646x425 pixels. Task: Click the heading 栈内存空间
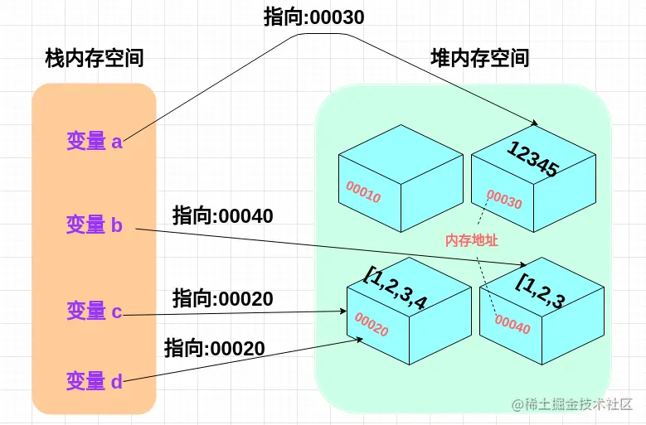(x=95, y=59)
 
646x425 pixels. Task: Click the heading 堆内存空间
(x=480, y=58)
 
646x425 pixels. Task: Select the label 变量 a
(x=95, y=142)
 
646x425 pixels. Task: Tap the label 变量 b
(x=95, y=225)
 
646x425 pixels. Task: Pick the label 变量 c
(x=95, y=312)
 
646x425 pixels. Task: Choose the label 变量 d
(x=95, y=382)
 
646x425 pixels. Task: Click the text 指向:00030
(x=314, y=17)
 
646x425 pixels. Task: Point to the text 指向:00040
(x=223, y=216)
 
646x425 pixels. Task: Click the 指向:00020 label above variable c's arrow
(x=223, y=299)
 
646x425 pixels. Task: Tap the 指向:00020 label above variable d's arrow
(x=215, y=348)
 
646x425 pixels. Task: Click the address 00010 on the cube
(x=363, y=192)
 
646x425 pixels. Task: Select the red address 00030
(x=504, y=200)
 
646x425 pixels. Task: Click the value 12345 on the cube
(x=532, y=158)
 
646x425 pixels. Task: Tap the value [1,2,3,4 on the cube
(x=396, y=289)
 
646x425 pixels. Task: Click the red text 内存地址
(x=472, y=241)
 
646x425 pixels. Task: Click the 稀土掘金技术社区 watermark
(x=578, y=405)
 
